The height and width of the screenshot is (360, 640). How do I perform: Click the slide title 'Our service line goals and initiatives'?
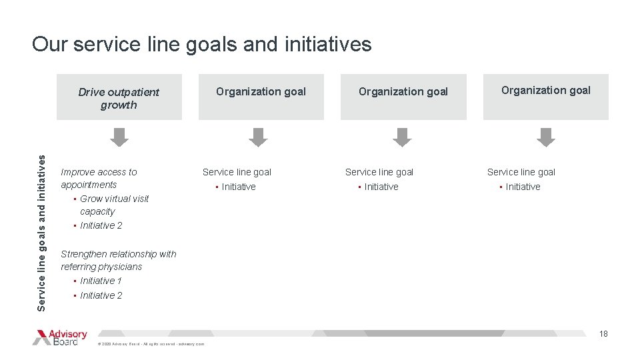(x=201, y=45)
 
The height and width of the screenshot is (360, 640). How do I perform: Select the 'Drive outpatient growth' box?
(x=119, y=97)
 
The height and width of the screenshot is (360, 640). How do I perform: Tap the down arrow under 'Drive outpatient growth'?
(x=119, y=137)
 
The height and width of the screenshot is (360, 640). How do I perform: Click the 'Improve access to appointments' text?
(x=99, y=178)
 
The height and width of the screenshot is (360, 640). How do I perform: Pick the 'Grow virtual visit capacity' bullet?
(x=114, y=205)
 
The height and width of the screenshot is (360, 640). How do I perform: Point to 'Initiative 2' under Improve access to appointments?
(x=101, y=225)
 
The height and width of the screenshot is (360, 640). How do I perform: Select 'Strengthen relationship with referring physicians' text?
(x=118, y=260)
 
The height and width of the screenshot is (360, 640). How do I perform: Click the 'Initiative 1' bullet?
(x=101, y=281)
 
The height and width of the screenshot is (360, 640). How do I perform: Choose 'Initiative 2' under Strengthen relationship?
(x=101, y=295)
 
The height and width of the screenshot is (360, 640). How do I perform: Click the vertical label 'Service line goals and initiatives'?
(x=42, y=232)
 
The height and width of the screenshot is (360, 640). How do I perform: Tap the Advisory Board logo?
(x=60, y=337)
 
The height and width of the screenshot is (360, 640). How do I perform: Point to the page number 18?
(x=603, y=334)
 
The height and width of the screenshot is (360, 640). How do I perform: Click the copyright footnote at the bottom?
(x=151, y=344)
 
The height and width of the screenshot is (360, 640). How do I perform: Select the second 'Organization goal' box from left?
(x=261, y=97)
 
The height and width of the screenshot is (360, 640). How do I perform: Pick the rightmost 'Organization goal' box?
(x=545, y=97)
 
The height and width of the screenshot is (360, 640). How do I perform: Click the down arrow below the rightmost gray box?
(x=546, y=137)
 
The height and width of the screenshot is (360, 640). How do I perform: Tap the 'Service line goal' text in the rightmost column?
(x=521, y=172)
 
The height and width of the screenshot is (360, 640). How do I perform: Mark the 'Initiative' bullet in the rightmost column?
(x=523, y=187)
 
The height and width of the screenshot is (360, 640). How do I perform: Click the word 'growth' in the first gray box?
(x=119, y=105)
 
